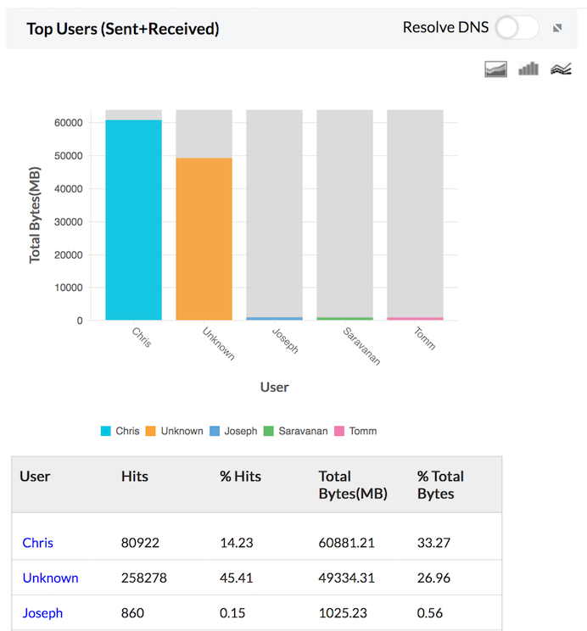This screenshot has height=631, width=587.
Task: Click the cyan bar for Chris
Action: [133, 220]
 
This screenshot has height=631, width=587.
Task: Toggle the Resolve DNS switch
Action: [517, 28]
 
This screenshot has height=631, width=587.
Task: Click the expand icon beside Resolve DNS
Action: [557, 28]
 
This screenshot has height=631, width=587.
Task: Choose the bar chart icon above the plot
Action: [528, 69]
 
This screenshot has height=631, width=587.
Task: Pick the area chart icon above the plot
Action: [496, 69]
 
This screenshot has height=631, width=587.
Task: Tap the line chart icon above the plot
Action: [561, 69]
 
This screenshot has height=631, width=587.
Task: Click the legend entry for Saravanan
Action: [296, 431]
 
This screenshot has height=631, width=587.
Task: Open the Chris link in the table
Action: [38, 543]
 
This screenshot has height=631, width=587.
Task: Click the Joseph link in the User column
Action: [42, 612]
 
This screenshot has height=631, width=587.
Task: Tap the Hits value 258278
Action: [144, 578]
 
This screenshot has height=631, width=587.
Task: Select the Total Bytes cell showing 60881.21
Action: [347, 543]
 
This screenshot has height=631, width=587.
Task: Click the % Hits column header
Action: [240, 477]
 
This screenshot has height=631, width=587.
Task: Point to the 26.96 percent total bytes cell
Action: [433, 578]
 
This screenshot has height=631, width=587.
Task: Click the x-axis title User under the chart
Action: [274, 387]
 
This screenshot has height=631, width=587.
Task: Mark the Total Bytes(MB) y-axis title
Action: [36, 215]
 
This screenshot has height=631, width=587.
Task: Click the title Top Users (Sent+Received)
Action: [123, 29]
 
